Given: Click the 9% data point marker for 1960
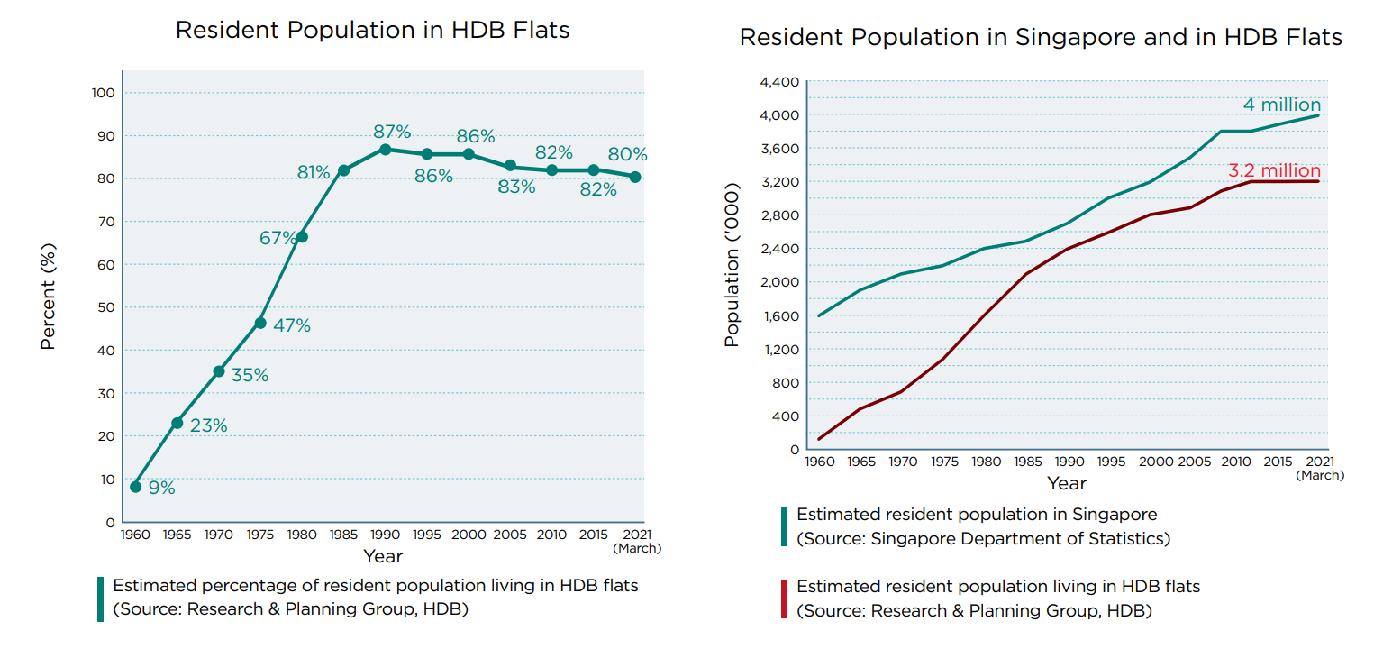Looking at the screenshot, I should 135,487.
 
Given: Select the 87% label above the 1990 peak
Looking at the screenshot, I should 392,133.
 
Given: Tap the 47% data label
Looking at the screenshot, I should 291,325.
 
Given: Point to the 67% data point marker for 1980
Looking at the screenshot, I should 302,237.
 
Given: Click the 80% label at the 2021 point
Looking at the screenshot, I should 628,154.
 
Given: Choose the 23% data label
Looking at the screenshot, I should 208,425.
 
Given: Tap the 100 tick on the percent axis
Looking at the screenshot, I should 103,93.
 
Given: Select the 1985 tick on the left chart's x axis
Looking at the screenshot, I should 343,535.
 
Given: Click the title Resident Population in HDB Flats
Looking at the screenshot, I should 372,30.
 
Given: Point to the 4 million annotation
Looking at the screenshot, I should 1281,105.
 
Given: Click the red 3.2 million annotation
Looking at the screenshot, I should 1274,170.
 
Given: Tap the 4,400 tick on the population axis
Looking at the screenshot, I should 779,82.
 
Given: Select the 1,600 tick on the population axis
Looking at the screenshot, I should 780,316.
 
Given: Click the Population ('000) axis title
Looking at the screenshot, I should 732,265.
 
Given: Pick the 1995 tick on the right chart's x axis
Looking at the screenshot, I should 1112,462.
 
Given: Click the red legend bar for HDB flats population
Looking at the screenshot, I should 784,599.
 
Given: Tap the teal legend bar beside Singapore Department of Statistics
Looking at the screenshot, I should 784,526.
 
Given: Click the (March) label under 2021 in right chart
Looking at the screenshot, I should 1320,475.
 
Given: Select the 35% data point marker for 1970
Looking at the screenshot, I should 219,371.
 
